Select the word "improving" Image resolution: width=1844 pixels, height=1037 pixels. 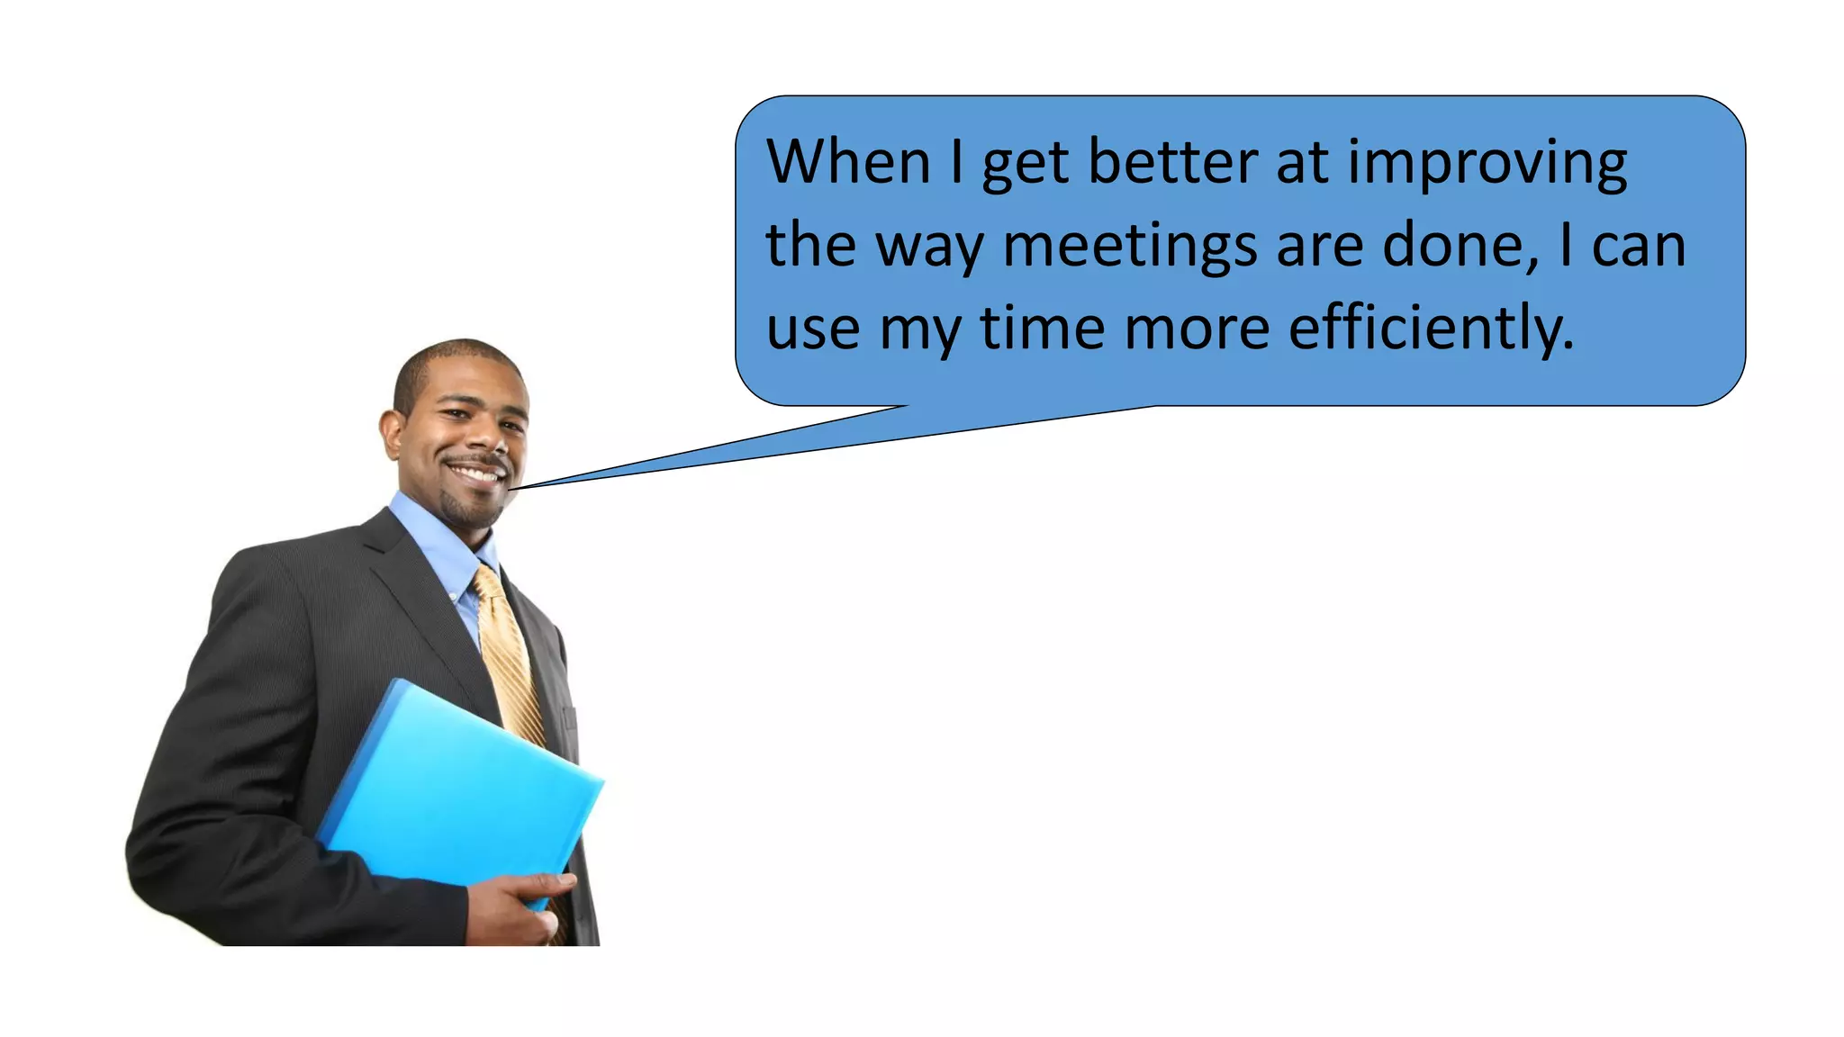1487,164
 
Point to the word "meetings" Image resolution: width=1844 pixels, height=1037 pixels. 1130,247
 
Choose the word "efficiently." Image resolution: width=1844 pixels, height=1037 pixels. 1432,328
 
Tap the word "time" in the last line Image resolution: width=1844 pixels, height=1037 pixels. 1043,328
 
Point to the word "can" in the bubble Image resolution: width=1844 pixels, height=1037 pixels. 1639,247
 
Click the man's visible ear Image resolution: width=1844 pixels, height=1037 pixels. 393,435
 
